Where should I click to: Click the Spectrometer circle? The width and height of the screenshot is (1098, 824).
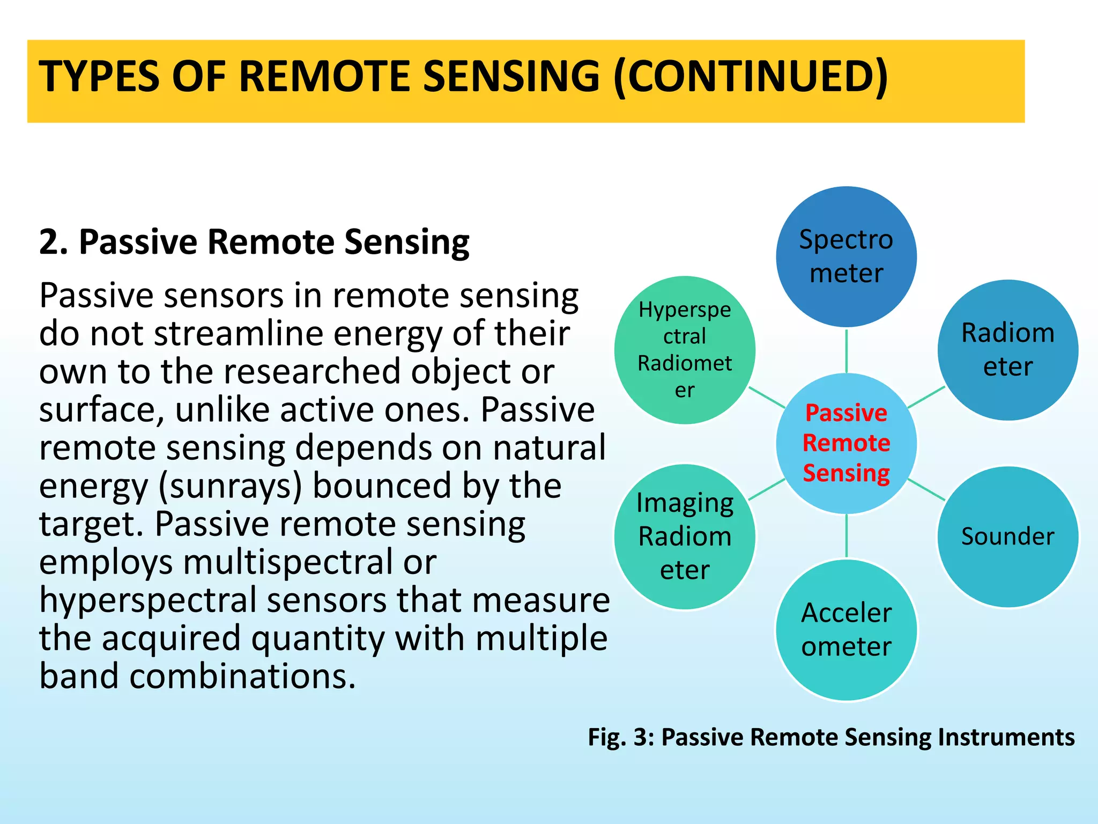[846, 256]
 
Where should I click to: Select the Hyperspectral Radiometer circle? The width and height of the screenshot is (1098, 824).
[685, 350]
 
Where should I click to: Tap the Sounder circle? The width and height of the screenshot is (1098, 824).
[1007, 536]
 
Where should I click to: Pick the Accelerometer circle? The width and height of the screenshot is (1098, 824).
[846, 630]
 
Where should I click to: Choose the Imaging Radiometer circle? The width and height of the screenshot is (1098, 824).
[685, 536]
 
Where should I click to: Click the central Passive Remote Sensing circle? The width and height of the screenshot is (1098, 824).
[846, 443]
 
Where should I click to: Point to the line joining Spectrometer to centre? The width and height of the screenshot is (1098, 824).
[846, 351]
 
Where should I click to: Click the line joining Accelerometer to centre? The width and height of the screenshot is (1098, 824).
[846, 535]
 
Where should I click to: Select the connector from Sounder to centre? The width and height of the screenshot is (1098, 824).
[926, 490]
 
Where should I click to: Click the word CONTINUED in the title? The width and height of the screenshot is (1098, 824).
[750, 76]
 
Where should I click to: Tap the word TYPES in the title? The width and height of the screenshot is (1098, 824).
[99, 76]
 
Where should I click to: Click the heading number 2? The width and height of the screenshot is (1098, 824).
[53, 242]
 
